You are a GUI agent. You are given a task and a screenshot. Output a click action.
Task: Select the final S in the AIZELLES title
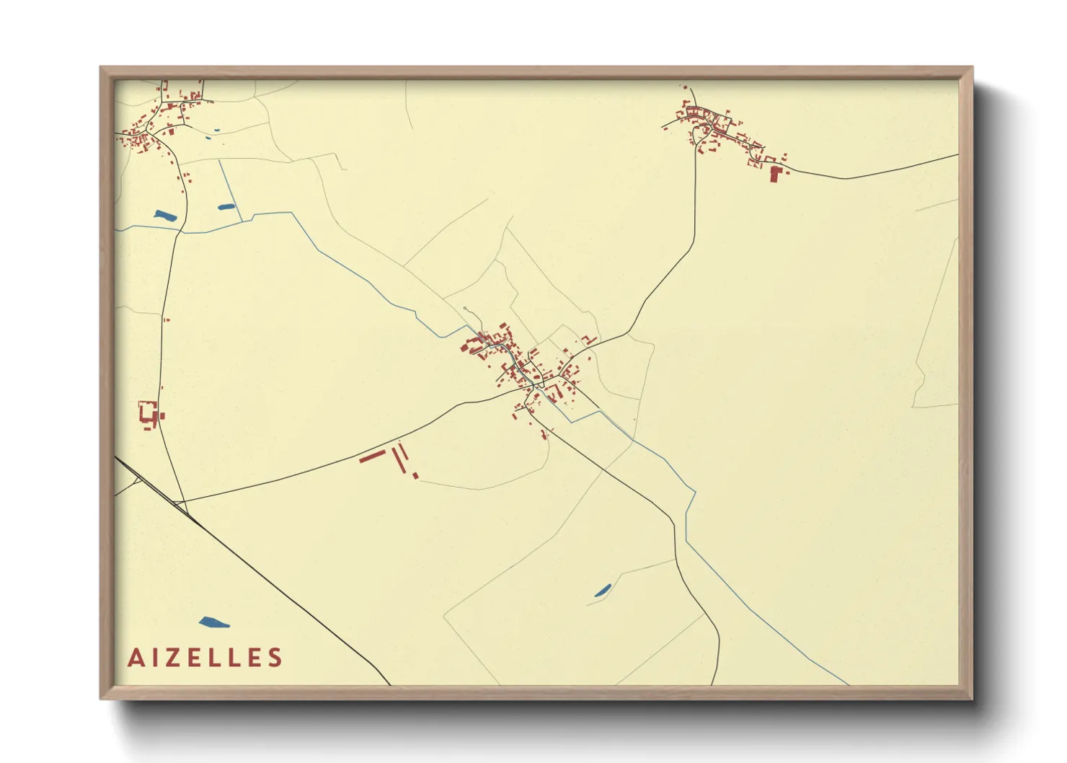(x=274, y=658)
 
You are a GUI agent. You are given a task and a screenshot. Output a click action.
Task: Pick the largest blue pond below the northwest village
(x=165, y=215)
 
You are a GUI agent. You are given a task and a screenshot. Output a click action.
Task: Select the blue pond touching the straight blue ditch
(x=226, y=207)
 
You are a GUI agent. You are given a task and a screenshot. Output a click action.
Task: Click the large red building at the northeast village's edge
(x=776, y=174)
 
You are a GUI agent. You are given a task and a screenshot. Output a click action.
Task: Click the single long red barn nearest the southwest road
(x=373, y=456)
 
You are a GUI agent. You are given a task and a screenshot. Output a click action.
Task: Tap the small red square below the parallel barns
(x=415, y=475)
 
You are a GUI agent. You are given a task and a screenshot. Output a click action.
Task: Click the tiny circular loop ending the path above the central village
(x=466, y=310)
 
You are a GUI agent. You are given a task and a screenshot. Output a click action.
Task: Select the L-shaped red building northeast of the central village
(x=590, y=339)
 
